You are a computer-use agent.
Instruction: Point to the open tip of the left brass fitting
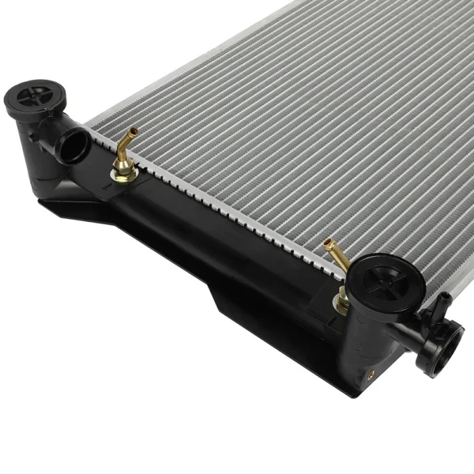tap(134, 130)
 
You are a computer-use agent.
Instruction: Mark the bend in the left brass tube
tap(125, 146)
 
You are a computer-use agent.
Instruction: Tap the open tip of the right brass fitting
tap(326, 246)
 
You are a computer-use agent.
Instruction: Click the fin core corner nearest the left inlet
tap(90, 130)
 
